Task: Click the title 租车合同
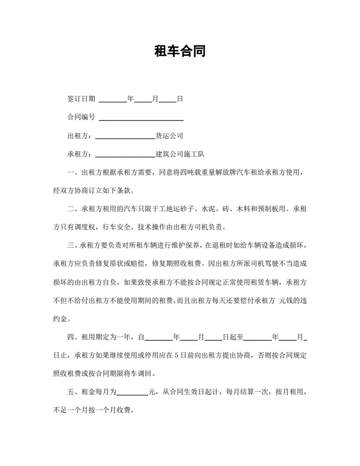pyautogui.click(x=179, y=51)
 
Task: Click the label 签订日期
pyautogui.click(x=81, y=99)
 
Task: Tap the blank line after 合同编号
pyautogui.click(x=141, y=118)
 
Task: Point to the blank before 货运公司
pyautogui.click(x=125, y=137)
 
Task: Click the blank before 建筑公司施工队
pyautogui.click(x=125, y=155)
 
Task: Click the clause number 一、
pyautogui.click(x=74, y=172)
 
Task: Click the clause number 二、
pyautogui.click(x=74, y=209)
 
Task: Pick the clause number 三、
pyautogui.click(x=74, y=245)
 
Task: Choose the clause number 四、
pyautogui.click(x=74, y=337)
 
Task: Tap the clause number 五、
pyautogui.click(x=74, y=391)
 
